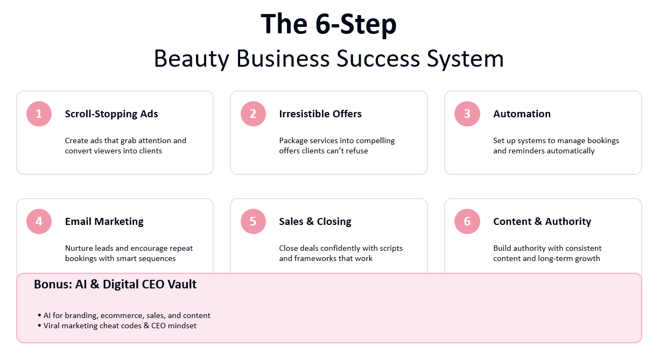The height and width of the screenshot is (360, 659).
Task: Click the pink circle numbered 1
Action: pyautogui.click(x=39, y=114)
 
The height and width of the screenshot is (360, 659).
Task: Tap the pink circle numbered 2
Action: pyautogui.click(x=253, y=114)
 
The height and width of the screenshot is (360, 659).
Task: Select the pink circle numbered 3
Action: pyautogui.click(x=467, y=114)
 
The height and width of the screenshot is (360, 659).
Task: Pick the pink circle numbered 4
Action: pyautogui.click(x=39, y=222)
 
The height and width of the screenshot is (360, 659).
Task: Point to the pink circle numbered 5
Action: pyautogui.click(x=253, y=222)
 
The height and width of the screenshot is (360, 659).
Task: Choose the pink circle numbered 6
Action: pyautogui.click(x=467, y=222)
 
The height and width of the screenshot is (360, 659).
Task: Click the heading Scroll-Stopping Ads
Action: pyautogui.click(x=111, y=114)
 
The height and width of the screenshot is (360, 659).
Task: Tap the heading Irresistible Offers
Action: pyautogui.click(x=320, y=114)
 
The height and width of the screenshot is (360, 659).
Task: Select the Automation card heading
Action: pyautogui.click(x=522, y=114)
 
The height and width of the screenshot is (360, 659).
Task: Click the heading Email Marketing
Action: pyautogui.click(x=104, y=222)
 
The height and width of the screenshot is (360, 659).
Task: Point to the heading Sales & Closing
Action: pyautogui.click(x=315, y=222)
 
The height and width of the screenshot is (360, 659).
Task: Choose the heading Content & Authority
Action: pyautogui.click(x=542, y=222)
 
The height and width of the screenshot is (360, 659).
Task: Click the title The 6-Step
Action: pyautogui.click(x=328, y=24)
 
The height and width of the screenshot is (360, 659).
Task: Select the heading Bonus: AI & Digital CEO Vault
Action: pyautogui.click(x=115, y=285)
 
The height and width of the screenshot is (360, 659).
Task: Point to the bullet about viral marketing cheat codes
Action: pyautogui.click(x=120, y=326)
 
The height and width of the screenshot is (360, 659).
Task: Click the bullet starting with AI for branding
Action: pyautogui.click(x=127, y=315)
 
